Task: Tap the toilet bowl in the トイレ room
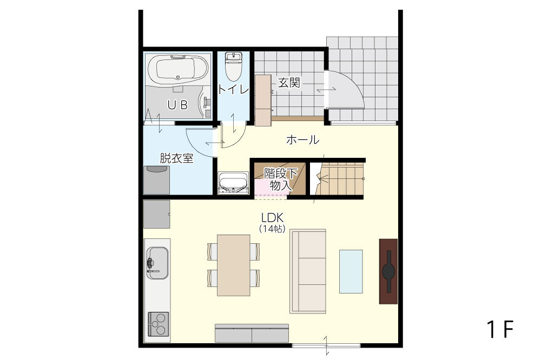(234, 67)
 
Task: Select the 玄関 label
(289, 83)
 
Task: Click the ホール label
(302, 140)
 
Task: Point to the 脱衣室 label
(176, 158)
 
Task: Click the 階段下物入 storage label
(280, 179)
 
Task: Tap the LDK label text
(272, 218)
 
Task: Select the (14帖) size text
(272, 229)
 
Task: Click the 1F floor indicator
(500, 329)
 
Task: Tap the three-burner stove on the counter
(159, 324)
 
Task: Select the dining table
(234, 265)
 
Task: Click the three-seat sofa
(308, 271)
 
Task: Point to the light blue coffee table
(351, 271)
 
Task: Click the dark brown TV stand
(388, 271)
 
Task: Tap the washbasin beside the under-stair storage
(234, 183)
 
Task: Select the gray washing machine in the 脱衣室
(157, 180)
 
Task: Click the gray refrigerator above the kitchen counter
(157, 214)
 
